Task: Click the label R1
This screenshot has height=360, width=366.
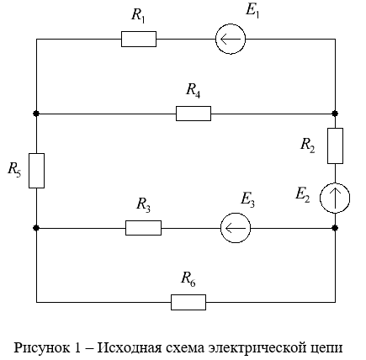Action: coord(138,15)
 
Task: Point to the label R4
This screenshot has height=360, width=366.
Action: coord(194,91)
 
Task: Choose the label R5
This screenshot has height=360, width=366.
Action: coord(14,170)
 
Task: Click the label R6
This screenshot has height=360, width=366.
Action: coord(188,279)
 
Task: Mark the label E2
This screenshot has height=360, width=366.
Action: coord(303,194)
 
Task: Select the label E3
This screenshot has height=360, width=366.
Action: coord(248,200)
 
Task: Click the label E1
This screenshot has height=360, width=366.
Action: coord(252,11)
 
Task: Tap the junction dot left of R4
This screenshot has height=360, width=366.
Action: coord(36,114)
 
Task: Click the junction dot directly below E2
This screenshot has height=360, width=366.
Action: coord(335,228)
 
